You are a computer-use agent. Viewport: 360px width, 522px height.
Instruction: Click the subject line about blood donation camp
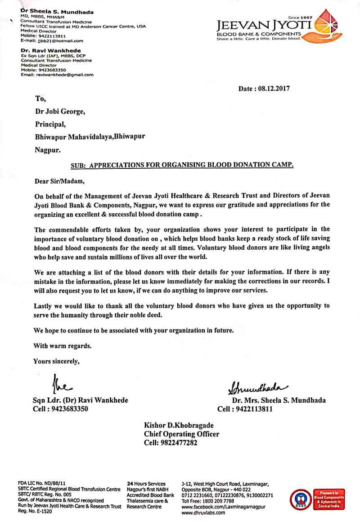[182, 165]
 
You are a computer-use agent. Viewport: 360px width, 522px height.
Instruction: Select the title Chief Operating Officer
[181, 434]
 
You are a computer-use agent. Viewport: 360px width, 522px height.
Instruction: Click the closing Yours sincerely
[57, 361]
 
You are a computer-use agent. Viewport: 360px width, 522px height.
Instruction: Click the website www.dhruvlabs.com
[200, 512]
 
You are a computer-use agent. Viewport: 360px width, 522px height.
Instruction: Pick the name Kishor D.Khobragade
[179, 426]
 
